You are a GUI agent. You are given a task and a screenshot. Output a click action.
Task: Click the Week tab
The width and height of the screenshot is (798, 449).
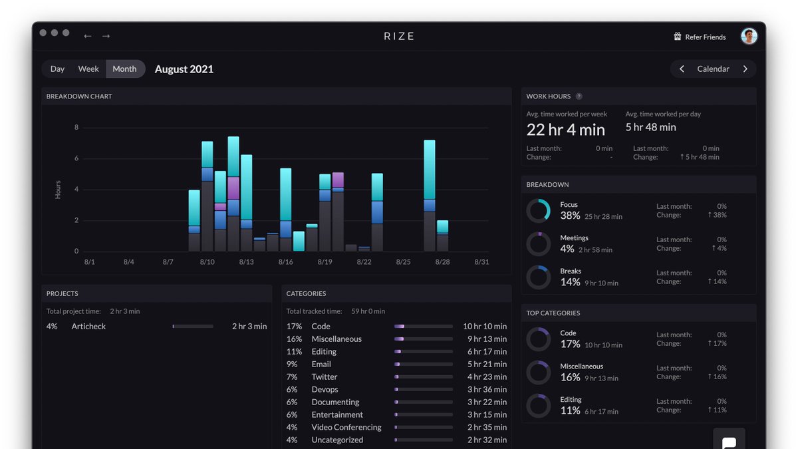pos(88,69)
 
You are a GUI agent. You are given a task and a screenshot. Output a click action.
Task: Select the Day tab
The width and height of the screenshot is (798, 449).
pos(57,69)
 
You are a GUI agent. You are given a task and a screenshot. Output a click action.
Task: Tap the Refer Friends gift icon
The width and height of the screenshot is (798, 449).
pos(677,37)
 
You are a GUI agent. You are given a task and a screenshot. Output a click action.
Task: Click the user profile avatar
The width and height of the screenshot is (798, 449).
pos(749,36)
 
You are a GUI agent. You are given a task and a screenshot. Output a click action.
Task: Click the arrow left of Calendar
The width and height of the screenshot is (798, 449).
pos(682,69)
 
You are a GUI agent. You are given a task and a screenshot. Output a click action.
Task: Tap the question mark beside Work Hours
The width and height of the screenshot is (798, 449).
pos(579,96)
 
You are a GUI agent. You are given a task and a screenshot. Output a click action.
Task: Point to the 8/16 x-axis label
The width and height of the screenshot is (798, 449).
pos(285,262)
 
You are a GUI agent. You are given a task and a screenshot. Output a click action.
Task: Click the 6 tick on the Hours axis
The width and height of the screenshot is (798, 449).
pos(76,158)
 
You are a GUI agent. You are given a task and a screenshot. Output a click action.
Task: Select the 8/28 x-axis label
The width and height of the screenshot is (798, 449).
pos(442,262)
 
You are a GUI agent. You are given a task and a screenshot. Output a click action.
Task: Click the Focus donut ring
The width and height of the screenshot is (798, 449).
pos(549,210)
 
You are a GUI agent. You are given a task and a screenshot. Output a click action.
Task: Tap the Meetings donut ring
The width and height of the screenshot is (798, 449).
pos(528,244)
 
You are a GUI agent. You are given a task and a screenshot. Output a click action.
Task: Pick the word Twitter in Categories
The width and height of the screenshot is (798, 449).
pos(325,376)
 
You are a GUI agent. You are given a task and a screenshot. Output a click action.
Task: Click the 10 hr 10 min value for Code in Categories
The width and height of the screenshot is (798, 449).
pos(485,326)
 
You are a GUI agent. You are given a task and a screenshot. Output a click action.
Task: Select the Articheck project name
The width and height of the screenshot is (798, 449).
pos(88,326)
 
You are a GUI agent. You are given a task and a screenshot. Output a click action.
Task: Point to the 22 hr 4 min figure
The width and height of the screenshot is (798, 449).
pos(565,130)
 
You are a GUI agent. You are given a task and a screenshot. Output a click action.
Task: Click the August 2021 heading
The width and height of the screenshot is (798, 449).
pos(184,69)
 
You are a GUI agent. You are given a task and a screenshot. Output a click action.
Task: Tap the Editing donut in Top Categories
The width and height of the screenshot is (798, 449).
pos(528,406)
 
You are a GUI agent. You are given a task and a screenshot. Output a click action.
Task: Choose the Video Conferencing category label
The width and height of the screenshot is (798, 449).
pos(346,427)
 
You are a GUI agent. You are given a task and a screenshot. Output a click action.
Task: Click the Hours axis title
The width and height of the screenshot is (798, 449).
pos(58,189)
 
